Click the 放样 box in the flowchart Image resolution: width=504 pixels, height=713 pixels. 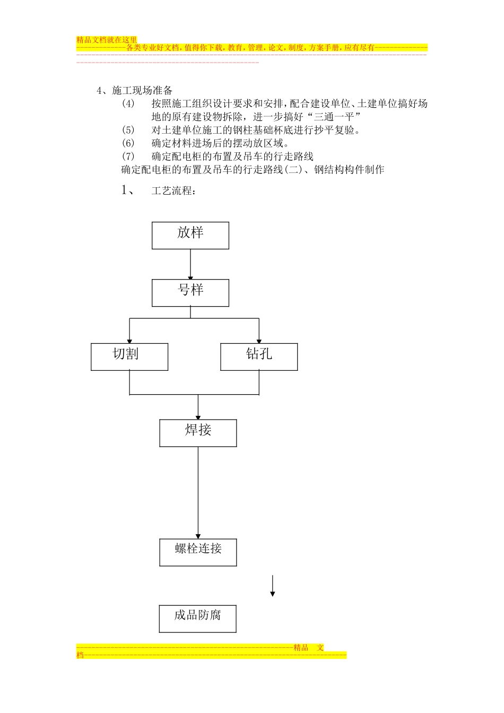(190, 236)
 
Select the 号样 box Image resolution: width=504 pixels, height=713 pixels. (190, 293)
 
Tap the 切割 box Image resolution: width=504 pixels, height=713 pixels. (129, 356)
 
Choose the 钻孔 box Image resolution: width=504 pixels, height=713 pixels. (259, 356)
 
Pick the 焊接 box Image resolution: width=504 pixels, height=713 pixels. (198, 433)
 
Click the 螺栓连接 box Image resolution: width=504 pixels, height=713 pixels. (198, 552)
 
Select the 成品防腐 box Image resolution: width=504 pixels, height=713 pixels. (197, 619)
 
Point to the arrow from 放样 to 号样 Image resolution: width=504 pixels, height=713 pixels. (190, 264)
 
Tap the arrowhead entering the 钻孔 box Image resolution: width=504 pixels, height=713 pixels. (259, 340)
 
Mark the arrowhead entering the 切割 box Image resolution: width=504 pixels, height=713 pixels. (129, 340)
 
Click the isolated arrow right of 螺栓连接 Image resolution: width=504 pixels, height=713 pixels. (273, 586)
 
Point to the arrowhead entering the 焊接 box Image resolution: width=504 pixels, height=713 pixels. (198, 416)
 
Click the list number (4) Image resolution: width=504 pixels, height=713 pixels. (128, 104)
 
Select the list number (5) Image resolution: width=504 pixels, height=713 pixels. (128, 130)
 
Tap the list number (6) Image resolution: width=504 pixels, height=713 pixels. (128, 143)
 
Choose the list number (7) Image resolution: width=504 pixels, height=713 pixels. (128, 156)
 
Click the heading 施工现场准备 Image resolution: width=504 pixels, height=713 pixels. (142, 91)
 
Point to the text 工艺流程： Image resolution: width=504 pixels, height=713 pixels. (173, 191)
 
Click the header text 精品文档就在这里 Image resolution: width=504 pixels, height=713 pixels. (107, 40)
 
